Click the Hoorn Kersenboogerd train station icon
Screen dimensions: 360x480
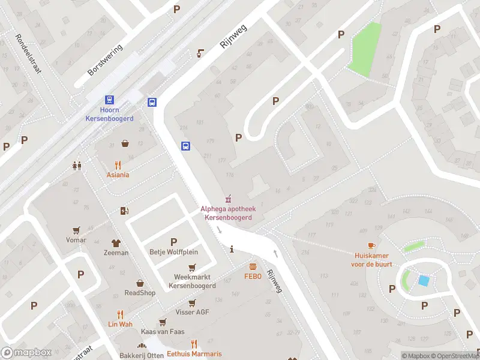coord(109,100)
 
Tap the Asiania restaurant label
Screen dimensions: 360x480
coord(118,175)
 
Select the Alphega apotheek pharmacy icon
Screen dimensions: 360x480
coord(227,199)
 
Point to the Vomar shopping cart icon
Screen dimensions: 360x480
coord(76,230)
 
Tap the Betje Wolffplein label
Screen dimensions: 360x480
coord(173,252)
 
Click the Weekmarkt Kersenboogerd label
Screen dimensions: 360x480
coord(192,281)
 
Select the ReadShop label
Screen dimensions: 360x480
coord(140,293)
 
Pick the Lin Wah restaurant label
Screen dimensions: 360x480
coord(120,324)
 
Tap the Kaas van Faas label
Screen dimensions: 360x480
coord(163,332)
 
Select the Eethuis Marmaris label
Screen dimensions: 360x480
coord(194,353)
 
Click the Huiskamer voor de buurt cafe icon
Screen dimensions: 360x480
coord(371,245)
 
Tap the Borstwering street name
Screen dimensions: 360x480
coord(104,60)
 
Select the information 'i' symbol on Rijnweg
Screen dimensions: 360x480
coord(232,249)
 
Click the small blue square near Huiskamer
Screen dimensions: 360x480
coord(424,280)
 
